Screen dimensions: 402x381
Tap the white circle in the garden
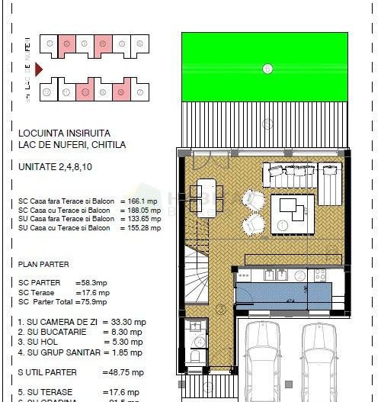pyautogui.click(x=267, y=69)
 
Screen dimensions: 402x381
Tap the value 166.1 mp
pyautogui.click(x=145, y=201)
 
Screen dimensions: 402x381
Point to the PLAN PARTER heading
pyautogui.click(x=43, y=264)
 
